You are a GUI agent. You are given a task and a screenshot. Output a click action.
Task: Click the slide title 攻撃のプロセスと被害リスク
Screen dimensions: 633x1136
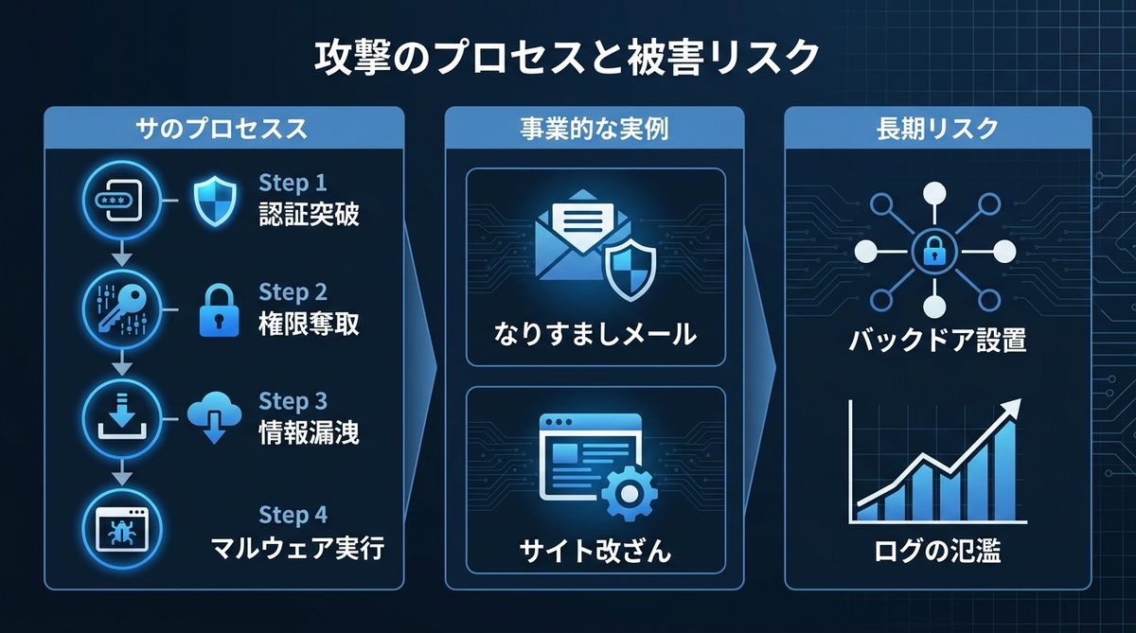pos(567,59)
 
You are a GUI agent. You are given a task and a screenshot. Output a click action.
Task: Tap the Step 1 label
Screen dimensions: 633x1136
pos(293,183)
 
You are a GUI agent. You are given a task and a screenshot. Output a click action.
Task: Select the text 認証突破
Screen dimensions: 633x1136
pos(309,215)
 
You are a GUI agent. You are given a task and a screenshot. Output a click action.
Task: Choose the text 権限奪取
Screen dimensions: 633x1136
pos(309,324)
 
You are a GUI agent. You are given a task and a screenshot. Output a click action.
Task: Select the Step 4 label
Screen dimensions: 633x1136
pos(293,515)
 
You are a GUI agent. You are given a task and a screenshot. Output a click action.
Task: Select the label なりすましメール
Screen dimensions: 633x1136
pos(595,332)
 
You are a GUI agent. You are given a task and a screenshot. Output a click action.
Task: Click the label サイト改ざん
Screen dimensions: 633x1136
pos(595,550)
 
